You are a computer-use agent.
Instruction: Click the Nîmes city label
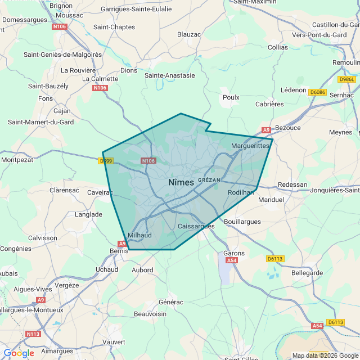click(181, 182)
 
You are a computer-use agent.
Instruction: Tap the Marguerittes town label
click(250, 146)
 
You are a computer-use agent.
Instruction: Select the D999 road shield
click(105, 161)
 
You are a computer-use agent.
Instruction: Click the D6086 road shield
click(317, 92)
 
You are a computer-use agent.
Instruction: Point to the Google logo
click(19, 353)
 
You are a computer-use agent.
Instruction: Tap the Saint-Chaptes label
click(114, 27)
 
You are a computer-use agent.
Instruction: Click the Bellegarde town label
click(307, 273)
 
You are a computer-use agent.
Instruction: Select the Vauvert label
click(114, 341)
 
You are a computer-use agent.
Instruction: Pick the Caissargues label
click(196, 226)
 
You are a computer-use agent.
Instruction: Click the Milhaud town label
click(139, 235)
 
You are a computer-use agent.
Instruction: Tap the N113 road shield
click(33, 334)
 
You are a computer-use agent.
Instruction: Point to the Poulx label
click(231, 97)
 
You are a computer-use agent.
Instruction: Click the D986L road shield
click(347, 79)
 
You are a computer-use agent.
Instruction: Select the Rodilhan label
click(241, 192)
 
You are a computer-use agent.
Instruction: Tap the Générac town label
click(171, 302)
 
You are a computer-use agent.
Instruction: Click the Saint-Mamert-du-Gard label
click(40, 122)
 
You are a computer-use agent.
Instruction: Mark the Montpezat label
click(17, 160)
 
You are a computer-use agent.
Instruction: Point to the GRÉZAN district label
click(209, 180)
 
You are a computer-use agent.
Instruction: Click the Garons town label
click(234, 253)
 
